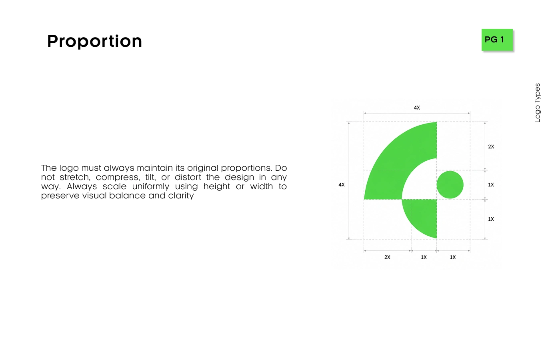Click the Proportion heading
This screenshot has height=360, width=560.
pyautogui.click(x=94, y=41)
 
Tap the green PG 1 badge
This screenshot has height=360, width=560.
pyautogui.click(x=497, y=40)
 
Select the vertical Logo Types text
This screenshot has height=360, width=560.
pyautogui.click(x=537, y=103)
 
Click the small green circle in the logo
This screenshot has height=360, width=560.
pyautogui.click(x=450, y=185)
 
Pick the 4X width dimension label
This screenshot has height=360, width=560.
pyautogui.click(x=417, y=108)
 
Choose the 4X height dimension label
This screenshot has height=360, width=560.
pyautogui.click(x=342, y=185)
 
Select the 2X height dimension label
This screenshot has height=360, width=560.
pyautogui.click(x=491, y=147)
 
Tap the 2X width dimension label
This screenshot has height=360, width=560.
pyautogui.click(x=387, y=257)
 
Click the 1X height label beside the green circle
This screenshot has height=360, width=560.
pyautogui.click(x=491, y=185)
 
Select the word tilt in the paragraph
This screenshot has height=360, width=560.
pyautogui.click(x=150, y=177)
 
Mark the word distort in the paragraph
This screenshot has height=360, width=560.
pyautogui.click(x=188, y=177)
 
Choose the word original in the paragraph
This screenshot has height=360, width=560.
pyautogui.click(x=203, y=168)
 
